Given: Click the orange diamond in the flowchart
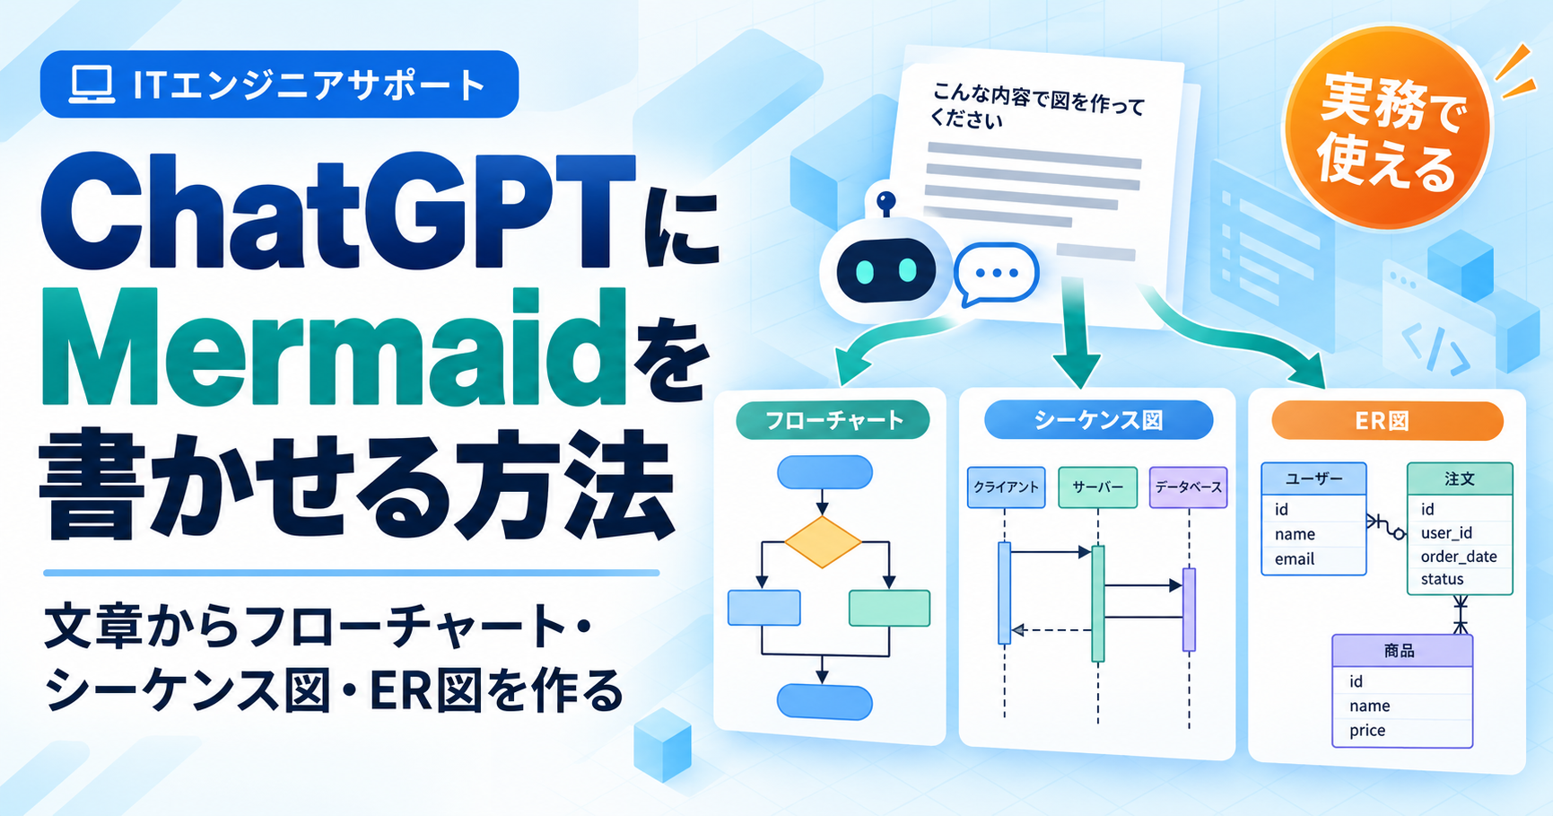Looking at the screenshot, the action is click(x=822, y=541).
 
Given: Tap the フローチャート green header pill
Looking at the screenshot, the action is click(x=833, y=420).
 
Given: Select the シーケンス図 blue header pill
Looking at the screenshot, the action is click(x=1098, y=420).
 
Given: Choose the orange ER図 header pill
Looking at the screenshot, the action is click(x=1387, y=421).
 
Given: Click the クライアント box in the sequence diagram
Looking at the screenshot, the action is click(x=1006, y=487).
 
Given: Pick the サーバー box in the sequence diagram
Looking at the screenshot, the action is click(x=1097, y=487).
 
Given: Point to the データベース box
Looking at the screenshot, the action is click(x=1188, y=487).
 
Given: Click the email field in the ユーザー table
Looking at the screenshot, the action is click(x=1295, y=559).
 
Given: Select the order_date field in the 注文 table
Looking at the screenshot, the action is click(x=1459, y=557).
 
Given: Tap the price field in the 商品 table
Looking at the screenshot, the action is click(x=1367, y=731).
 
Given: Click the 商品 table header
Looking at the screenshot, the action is click(x=1401, y=651).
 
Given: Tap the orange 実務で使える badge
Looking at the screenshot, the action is click(x=1387, y=128).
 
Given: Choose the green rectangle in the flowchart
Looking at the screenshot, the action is click(x=889, y=608).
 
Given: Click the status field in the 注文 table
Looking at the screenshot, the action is click(x=1442, y=580).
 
